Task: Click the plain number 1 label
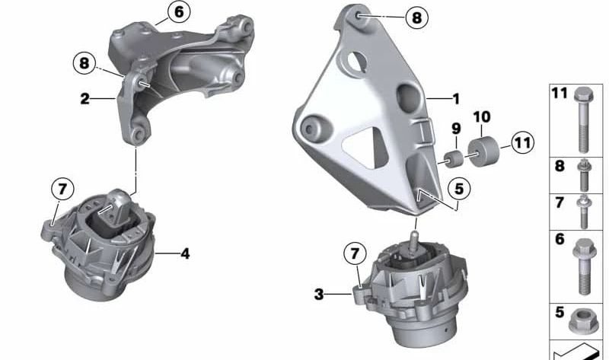[x=456, y=99]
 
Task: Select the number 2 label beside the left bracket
[x=84, y=99]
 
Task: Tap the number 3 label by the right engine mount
[x=318, y=295]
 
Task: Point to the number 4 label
[x=185, y=253]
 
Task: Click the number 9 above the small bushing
[x=456, y=129]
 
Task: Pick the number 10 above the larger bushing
[x=482, y=116]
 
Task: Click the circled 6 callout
[x=179, y=12]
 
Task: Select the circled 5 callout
[x=459, y=189]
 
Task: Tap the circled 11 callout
[x=522, y=143]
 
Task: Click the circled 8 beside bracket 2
[x=84, y=63]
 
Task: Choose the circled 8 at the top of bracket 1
[x=416, y=18]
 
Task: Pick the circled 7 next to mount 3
[x=355, y=254]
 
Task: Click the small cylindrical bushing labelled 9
[x=453, y=159]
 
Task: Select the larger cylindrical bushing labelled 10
[x=483, y=151]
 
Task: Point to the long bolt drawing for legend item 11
[x=582, y=119]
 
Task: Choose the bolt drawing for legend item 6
[x=585, y=267]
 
